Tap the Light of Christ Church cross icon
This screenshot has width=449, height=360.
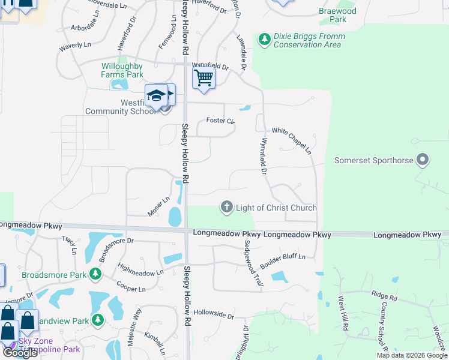point(227,208)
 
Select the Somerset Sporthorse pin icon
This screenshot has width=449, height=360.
point(423,160)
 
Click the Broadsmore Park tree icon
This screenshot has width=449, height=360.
point(95,275)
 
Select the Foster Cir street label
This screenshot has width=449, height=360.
point(220,121)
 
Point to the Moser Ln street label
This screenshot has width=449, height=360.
point(159,206)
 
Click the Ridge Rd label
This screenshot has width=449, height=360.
point(384,296)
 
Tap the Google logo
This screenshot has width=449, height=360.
point(20,353)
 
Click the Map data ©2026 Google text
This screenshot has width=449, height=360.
point(411,355)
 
